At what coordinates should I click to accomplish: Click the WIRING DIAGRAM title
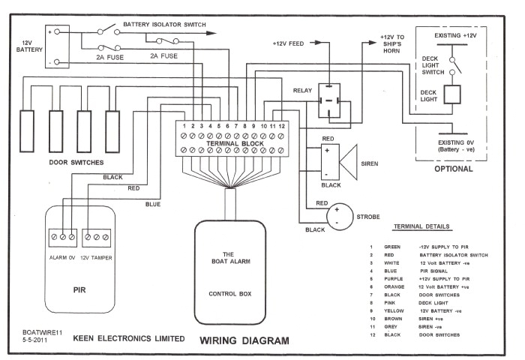point(244,341)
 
